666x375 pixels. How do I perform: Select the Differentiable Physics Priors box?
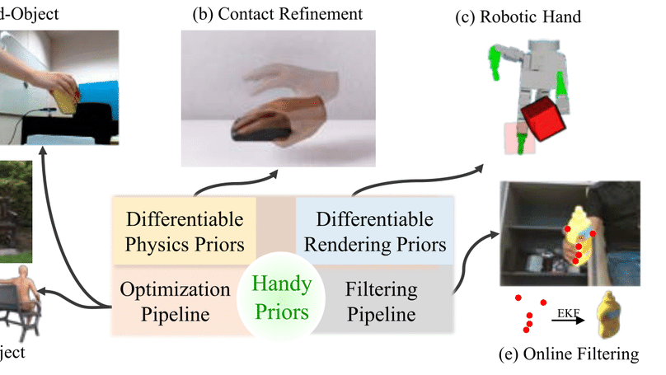pyautogui.click(x=184, y=232)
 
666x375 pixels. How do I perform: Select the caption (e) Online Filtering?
pyautogui.click(x=569, y=355)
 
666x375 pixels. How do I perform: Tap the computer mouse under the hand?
pyautogui.click(x=260, y=127)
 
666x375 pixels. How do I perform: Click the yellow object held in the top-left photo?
pyautogui.click(x=65, y=101)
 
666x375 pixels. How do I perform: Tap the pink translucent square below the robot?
pyautogui.click(x=519, y=138)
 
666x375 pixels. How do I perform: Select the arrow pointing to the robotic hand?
pyautogui.click(x=420, y=177)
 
